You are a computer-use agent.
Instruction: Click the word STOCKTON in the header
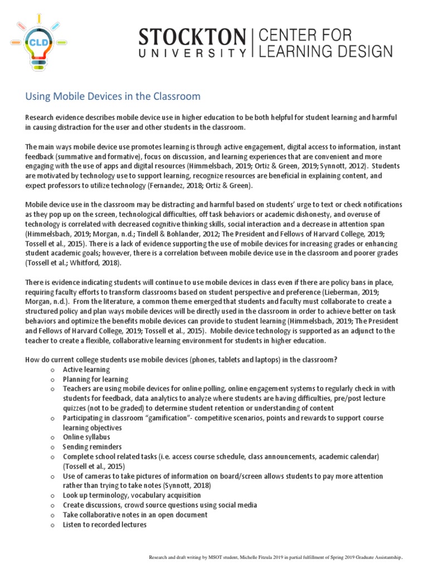192,38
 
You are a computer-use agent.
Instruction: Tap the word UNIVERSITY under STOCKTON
192,53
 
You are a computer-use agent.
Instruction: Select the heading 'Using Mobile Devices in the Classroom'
113,96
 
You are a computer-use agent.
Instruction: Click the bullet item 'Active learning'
86,370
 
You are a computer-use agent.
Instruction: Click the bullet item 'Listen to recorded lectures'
104,525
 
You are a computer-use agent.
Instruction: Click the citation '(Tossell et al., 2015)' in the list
94,466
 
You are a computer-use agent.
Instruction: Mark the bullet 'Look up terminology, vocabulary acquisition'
132,495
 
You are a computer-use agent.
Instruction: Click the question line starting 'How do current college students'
181,360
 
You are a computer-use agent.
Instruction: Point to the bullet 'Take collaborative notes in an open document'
135,515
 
